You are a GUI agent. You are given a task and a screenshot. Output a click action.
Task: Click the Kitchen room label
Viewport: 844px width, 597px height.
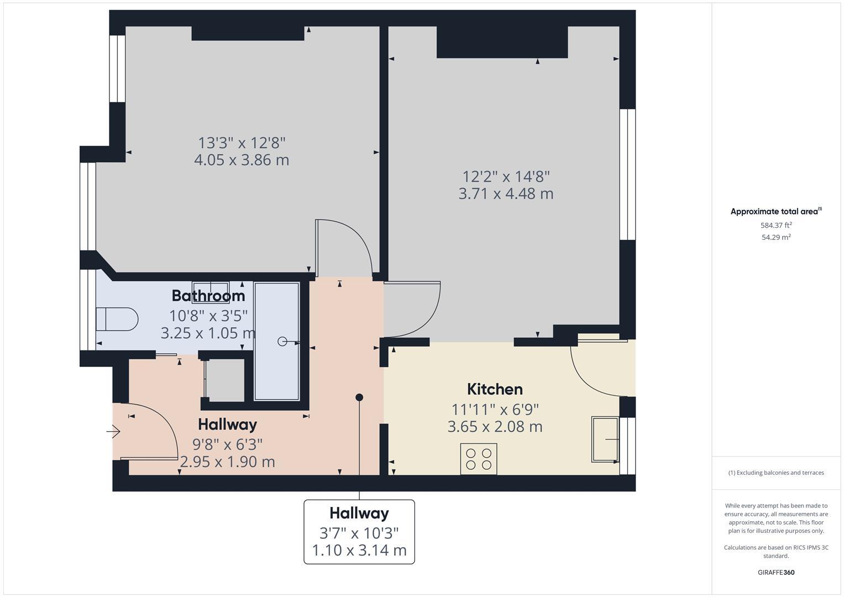(x=495, y=389)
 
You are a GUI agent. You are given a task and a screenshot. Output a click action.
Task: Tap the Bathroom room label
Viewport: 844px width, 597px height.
(x=208, y=296)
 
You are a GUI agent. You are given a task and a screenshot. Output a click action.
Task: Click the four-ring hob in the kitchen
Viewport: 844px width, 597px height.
(x=479, y=459)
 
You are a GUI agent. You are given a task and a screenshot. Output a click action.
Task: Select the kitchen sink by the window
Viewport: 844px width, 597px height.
(x=605, y=439)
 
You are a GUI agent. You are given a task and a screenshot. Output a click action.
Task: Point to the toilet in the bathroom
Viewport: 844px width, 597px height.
(x=117, y=319)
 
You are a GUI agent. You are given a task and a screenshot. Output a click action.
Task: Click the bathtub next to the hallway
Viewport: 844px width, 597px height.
(x=276, y=341)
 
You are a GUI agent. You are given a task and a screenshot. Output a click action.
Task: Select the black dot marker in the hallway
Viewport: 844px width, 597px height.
(x=359, y=397)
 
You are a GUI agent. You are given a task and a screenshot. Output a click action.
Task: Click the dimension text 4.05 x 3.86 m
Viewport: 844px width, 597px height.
(x=242, y=160)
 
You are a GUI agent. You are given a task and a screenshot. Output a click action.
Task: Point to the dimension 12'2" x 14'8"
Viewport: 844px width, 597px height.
(x=506, y=177)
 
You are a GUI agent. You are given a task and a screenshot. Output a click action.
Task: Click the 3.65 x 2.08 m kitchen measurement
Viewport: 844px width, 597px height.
(x=495, y=427)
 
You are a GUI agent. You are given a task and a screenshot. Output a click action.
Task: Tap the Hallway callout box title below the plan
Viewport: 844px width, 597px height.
(x=359, y=513)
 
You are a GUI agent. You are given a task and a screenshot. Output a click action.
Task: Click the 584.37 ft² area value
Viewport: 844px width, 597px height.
(x=776, y=225)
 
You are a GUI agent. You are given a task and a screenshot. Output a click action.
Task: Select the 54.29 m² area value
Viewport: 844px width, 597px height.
(x=776, y=237)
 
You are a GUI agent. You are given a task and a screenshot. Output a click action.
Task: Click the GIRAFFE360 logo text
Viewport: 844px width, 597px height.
(x=776, y=572)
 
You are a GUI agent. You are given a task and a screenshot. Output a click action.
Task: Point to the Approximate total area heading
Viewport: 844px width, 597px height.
(x=775, y=211)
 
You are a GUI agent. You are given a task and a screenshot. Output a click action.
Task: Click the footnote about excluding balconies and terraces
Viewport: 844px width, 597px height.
(x=776, y=473)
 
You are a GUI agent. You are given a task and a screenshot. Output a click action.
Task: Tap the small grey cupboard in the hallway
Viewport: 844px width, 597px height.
(x=224, y=380)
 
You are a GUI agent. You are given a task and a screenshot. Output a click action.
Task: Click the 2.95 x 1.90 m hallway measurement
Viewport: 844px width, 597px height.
(x=227, y=462)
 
